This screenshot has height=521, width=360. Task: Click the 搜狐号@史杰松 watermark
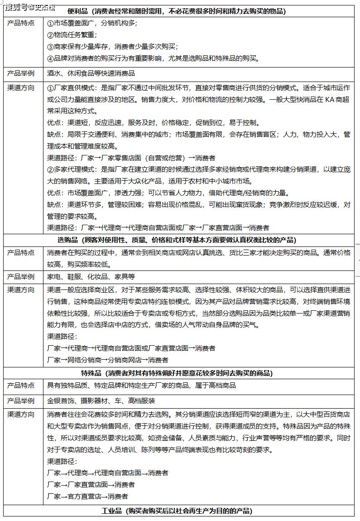(29, 6)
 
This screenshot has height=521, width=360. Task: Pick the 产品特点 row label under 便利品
(21, 23)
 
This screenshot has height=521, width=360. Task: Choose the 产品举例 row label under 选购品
(21, 276)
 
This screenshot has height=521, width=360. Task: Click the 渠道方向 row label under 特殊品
(21, 414)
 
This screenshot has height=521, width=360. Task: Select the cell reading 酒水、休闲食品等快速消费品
(91, 73)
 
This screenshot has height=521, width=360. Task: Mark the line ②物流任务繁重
(72, 34)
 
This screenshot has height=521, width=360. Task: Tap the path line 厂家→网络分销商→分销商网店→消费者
(108, 360)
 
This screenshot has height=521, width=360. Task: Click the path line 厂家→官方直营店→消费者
(87, 496)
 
